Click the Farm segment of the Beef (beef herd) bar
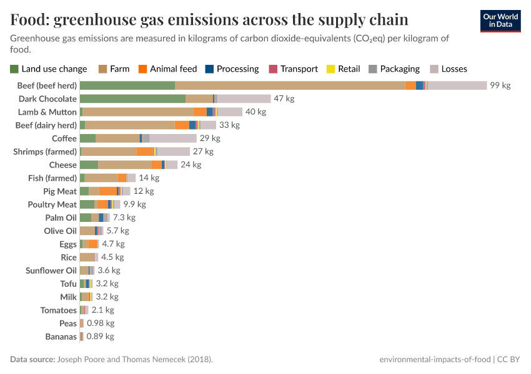(290, 85)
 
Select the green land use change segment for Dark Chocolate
(132, 98)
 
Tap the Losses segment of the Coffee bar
(173, 138)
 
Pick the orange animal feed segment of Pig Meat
(107, 191)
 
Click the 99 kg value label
(500, 85)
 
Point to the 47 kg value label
(284, 98)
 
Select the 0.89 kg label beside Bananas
(100, 337)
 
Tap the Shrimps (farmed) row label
(45, 151)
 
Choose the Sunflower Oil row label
(51, 271)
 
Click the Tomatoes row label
(58, 310)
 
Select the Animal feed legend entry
(167, 69)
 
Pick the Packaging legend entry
(394, 69)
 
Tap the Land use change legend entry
(49, 69)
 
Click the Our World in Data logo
(500, 21)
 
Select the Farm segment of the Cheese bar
(125, 165)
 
